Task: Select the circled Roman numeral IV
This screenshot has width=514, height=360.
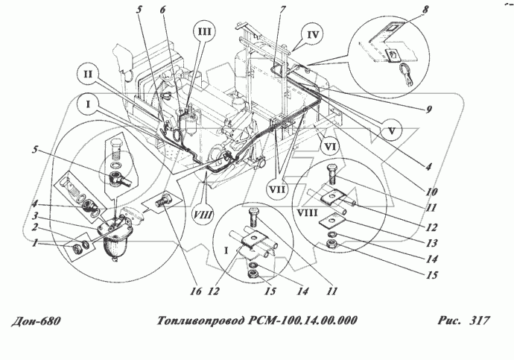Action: (313, 34)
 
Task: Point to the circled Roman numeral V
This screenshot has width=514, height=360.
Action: (395, 127)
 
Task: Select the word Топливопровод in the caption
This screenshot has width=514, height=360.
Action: (201, 321)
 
